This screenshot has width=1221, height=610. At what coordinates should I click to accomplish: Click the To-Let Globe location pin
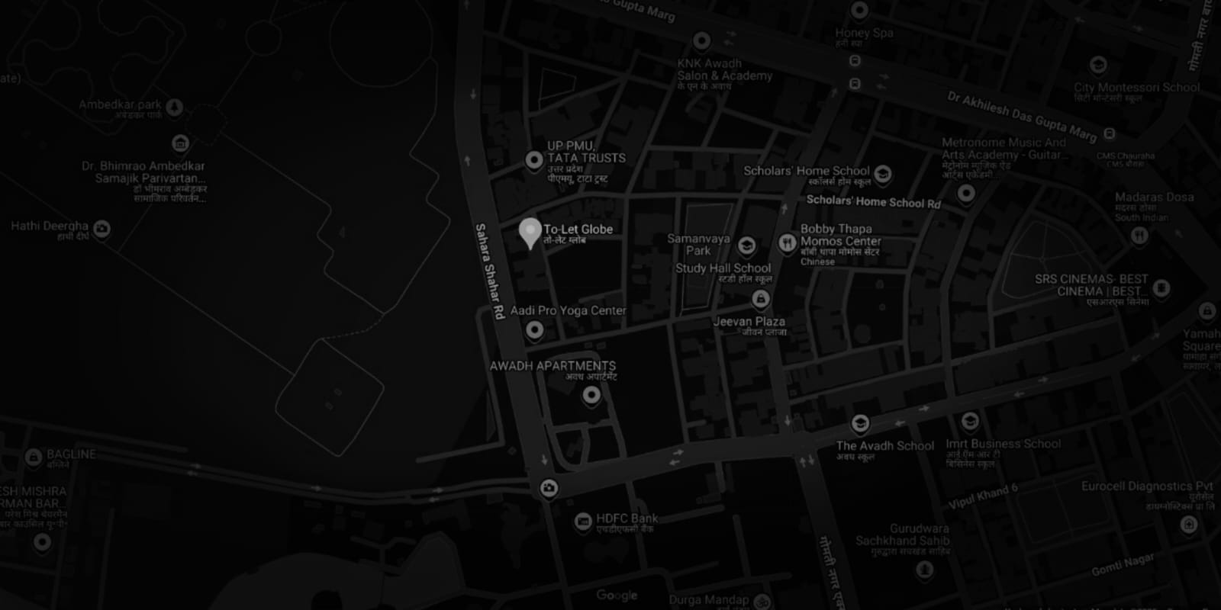[x=530, y=231]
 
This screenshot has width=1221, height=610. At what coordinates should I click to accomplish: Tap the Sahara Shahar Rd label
[x=490, y=271]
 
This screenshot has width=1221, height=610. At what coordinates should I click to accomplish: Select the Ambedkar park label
[x=121, y=104]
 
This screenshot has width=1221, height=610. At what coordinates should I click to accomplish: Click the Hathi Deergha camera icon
[x=101, y=228]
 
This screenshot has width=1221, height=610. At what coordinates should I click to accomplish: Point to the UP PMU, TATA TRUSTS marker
[x=534, y=160]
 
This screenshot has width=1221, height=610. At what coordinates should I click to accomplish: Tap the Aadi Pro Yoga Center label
[x=568, y=310]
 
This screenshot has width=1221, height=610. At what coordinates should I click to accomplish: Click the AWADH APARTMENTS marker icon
[x=591, y=395]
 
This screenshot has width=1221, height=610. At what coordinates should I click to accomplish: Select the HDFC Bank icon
[x=583, y=522]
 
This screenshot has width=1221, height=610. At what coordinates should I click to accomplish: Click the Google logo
[x=617, y=595]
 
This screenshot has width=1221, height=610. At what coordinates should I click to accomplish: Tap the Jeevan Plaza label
[x=749, y=322]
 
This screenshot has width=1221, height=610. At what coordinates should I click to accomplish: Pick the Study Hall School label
[x=723, y=268]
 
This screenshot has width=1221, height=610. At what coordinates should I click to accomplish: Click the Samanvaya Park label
[x=698, y=244]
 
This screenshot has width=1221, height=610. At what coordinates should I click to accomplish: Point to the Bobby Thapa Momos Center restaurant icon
[x=788, y=242]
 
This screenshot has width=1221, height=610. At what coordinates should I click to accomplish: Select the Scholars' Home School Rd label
[x=873, y=201]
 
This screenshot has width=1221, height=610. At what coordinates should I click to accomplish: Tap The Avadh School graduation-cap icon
[x=860, y=424]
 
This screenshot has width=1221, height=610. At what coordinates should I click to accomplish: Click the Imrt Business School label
[x=1003, y=444]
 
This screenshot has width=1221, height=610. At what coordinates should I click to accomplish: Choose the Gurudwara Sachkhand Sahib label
[x=904, y=535]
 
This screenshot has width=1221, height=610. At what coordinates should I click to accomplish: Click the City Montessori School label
[x=1136, y=88]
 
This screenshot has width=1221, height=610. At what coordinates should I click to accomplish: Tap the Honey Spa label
[x=863, y=33]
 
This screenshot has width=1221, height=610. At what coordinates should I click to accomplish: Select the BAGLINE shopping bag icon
[x=33, y=457]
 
